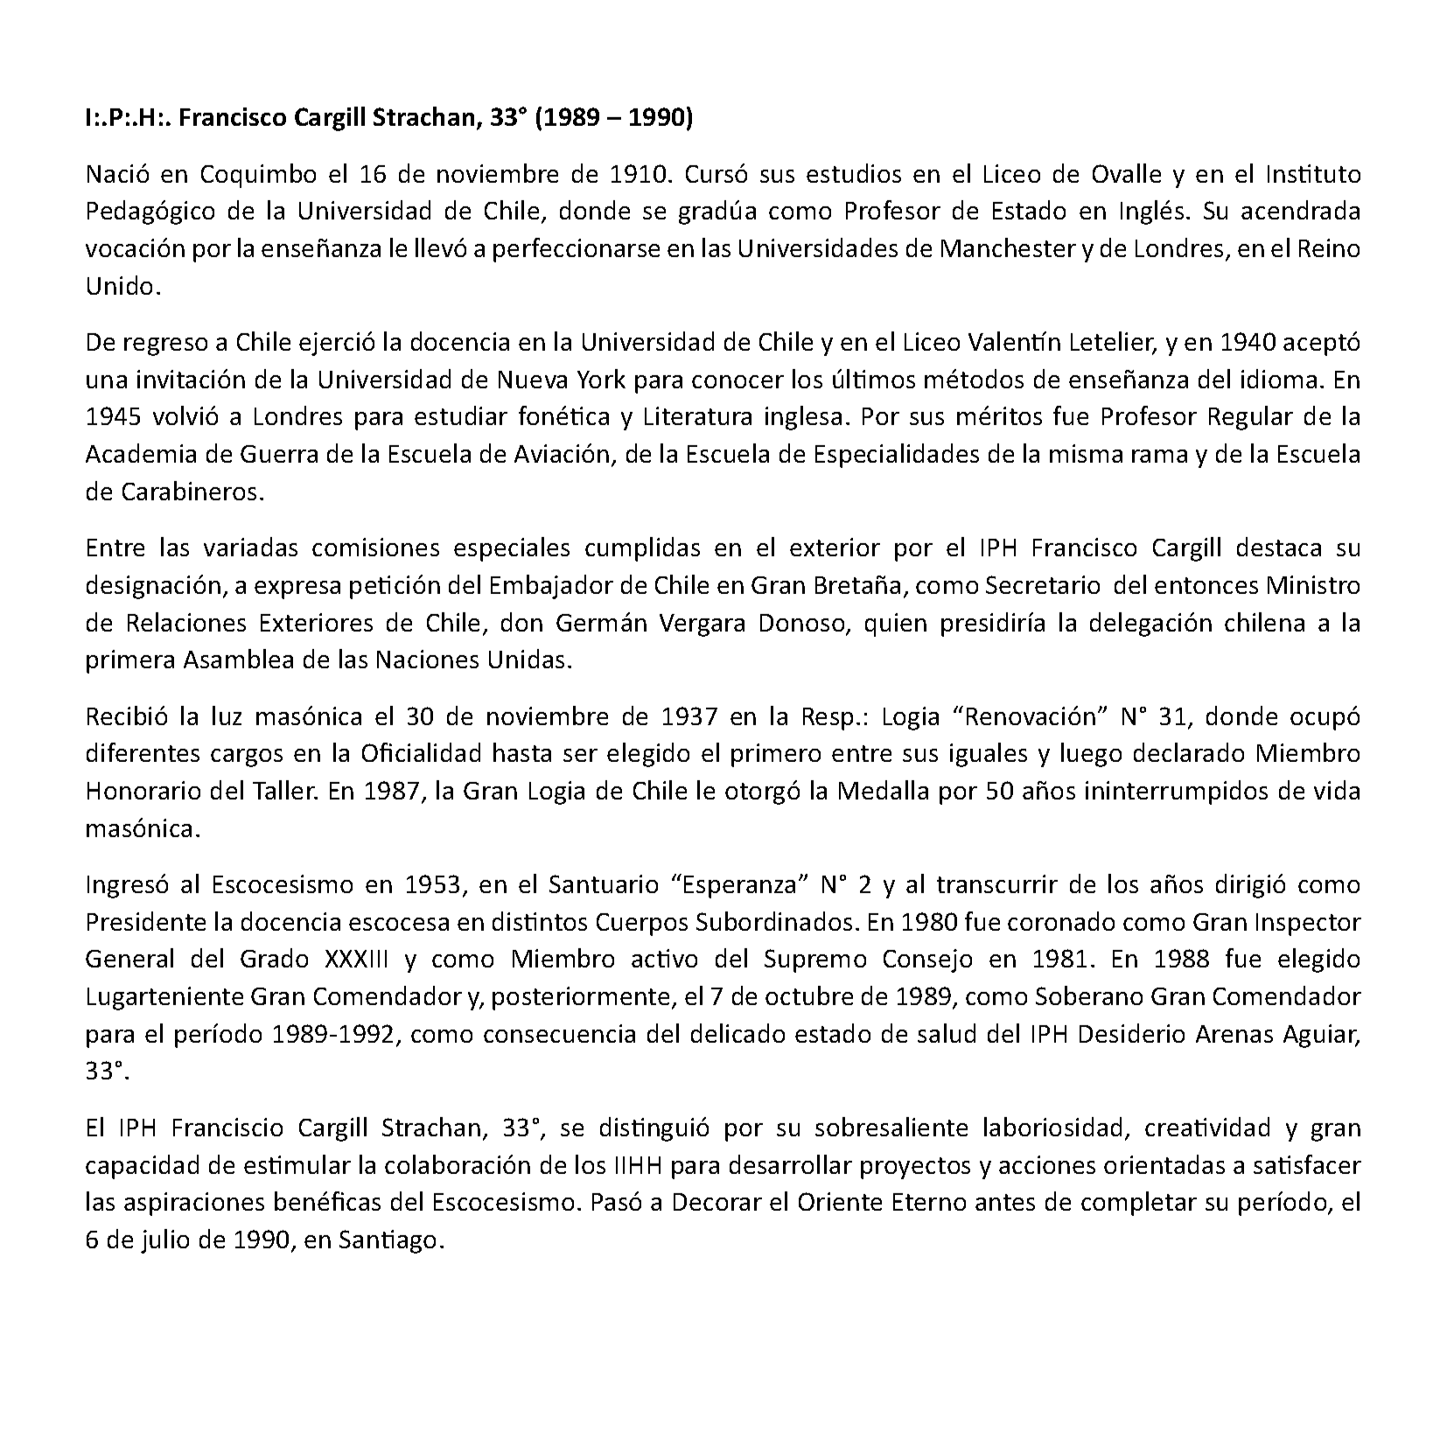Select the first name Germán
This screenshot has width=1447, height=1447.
coord(594,624)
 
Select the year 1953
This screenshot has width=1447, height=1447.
coord(434,885)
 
